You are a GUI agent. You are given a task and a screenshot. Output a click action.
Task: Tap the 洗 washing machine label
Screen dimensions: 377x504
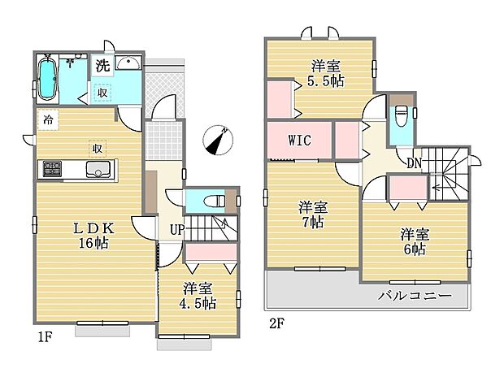click(x=102, y=67)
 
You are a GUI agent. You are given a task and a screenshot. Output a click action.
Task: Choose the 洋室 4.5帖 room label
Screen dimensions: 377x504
click(x=199, y=296)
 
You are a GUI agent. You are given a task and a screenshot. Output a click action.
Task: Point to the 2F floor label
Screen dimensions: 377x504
click(x=278, y=323)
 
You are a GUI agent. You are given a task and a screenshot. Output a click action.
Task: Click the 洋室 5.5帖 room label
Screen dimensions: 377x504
click(x=324, y=73)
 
